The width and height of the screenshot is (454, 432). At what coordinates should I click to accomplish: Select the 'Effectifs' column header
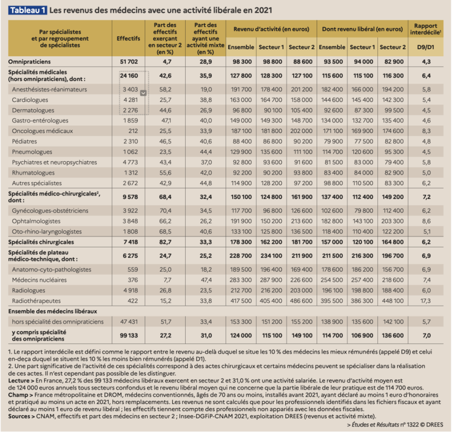[x=129, y=39]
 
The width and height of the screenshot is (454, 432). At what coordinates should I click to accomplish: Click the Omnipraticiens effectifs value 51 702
[x=129, y=62]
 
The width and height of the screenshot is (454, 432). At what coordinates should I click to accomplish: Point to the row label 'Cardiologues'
[x=33, y=100]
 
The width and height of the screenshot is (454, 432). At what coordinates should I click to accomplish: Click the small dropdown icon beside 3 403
[x=143, y=93]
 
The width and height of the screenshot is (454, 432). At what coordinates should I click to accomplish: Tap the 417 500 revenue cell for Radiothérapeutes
[x=241, y=300]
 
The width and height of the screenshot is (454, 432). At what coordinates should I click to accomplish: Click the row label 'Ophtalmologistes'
[x=38, y=221]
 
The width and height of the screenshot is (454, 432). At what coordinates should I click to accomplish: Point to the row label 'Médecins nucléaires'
[x=39, y=280]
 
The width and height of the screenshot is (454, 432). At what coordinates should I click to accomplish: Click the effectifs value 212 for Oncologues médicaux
[x=131, y=131]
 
